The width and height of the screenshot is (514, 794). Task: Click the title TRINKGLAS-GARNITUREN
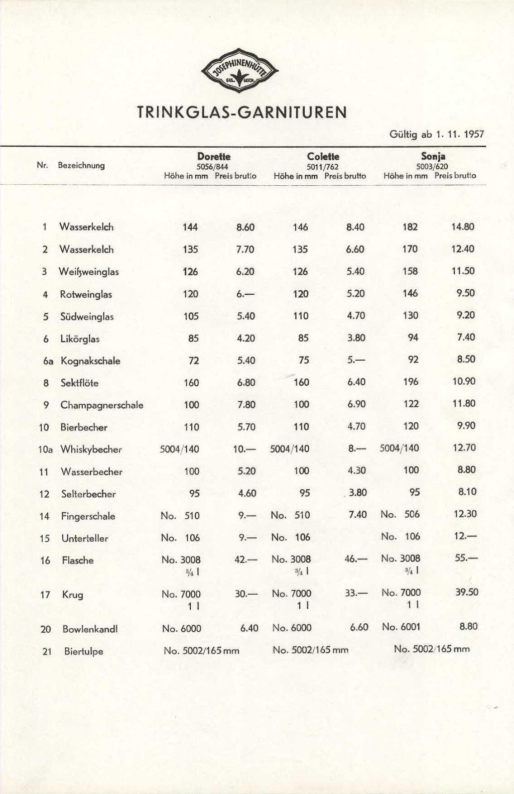coord(242,112)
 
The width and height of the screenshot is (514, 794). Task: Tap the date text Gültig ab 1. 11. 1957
coord(436,134)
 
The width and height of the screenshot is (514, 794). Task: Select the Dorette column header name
coord(213,156)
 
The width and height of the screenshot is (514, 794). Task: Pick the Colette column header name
coord(323,156)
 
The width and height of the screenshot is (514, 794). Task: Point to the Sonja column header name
coord(433,156)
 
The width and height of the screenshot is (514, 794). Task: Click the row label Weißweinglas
coord(89,272)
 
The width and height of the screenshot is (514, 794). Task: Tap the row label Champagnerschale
coord(102,405)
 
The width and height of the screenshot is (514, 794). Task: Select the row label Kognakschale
coord(90,361)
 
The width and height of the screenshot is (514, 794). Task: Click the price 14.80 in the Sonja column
coord(462,226)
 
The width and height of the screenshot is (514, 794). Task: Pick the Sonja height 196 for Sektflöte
coord(410,382)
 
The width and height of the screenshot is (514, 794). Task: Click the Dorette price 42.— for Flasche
coord(246,559)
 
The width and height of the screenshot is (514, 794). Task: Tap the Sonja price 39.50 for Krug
coord(467,592)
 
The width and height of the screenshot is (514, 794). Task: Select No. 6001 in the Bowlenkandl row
coord(401,627)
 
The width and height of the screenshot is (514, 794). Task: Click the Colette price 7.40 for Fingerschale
coord(357,514)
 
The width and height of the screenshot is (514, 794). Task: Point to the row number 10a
coord(45,449)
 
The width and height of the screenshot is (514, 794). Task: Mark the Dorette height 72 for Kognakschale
coord(193,360)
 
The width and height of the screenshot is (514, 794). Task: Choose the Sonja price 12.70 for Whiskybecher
coord(464,447)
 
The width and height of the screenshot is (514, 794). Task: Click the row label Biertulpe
coord(83,651)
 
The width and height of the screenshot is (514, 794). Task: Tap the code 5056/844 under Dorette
coord(213,166)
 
